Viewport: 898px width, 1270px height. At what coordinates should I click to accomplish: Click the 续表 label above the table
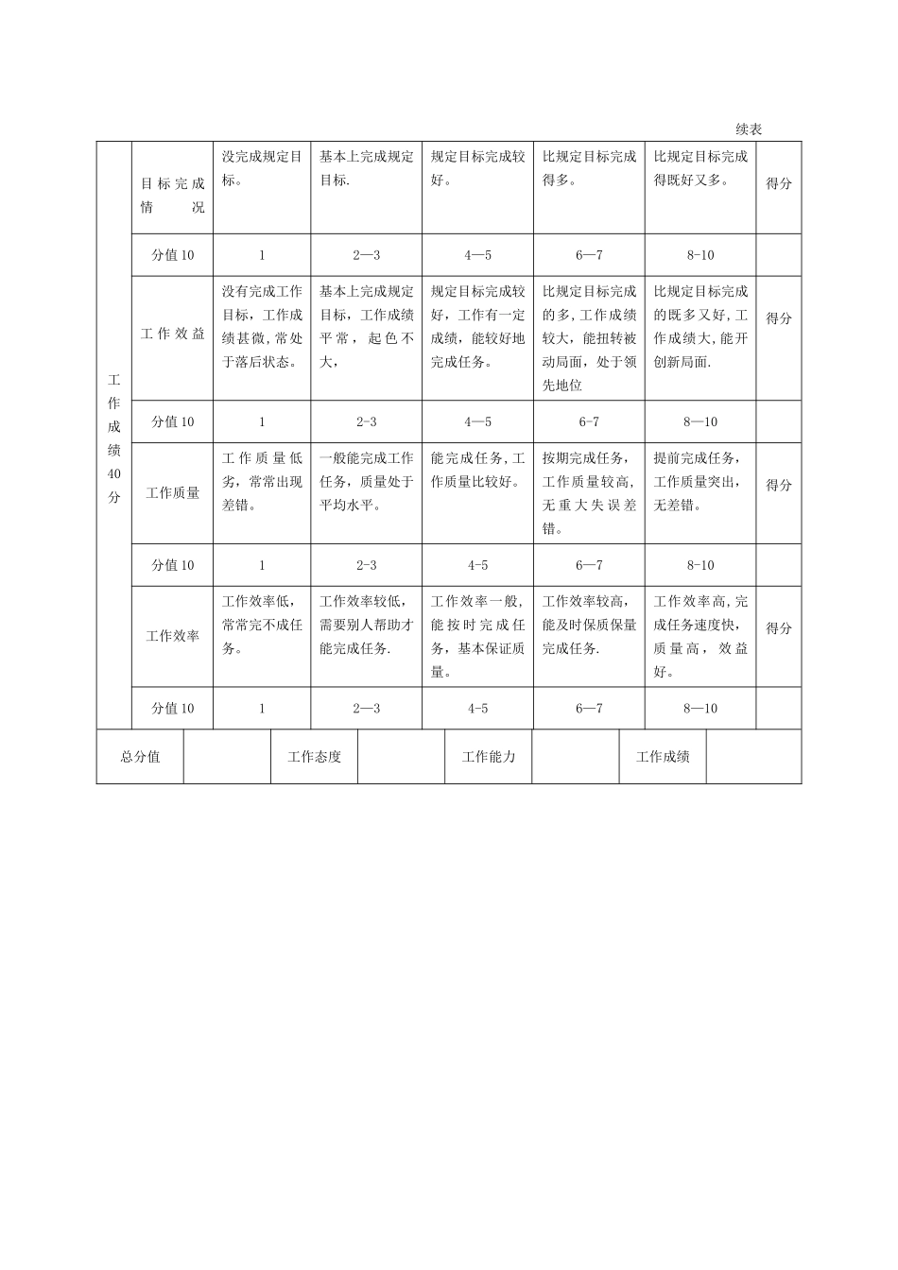(x=749, y=129)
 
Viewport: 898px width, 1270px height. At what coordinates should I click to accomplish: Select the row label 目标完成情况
(x=173, y=195)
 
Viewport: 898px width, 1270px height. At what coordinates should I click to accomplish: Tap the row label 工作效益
(x=173, y=334)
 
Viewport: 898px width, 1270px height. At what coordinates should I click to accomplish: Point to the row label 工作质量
(x=173, y=492)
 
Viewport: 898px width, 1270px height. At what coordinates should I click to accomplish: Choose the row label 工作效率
(x=173, y=636)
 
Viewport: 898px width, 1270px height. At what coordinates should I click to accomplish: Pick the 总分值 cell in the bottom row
(x=140, y=757)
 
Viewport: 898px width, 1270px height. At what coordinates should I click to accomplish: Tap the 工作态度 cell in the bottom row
(x=315, y=757)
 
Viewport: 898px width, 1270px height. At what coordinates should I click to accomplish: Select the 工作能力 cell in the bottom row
(x=489, y=757)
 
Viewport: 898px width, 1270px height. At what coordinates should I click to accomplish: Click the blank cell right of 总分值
(x=227, y=757)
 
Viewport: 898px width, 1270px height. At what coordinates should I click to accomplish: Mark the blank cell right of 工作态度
(x=402, y=757)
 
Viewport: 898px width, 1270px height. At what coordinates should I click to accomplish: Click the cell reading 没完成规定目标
(x=262, y=168)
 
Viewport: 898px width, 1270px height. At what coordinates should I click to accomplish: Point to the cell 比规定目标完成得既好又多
(x=700, y=168)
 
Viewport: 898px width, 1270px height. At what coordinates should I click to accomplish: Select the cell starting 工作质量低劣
(x=262, y=481)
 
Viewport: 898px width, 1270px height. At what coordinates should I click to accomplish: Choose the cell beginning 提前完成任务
(x=700, y=481)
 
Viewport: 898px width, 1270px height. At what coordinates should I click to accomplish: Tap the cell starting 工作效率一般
(x=477, y=636)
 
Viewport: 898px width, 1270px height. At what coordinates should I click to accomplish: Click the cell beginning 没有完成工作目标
(x=262, y=326)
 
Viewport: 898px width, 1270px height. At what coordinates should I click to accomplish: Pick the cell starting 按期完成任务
(x=589, y=492)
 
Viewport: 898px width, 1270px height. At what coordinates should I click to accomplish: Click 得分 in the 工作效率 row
(x=779, y=628)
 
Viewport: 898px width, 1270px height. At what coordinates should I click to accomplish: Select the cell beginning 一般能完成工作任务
(x=366, y=481)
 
